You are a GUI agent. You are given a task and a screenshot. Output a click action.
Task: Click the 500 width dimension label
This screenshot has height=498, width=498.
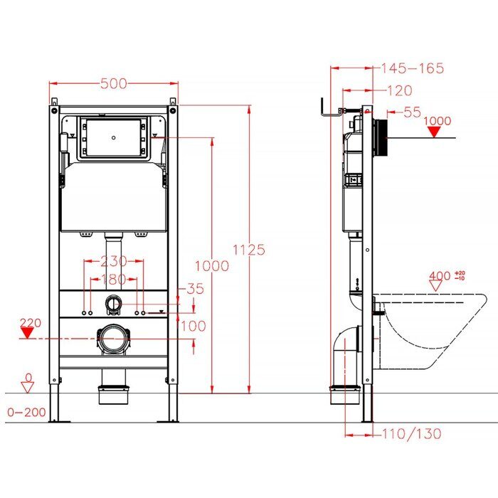click(x=113, y=84)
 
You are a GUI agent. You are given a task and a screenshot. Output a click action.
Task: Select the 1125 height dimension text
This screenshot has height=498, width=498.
click(x=250, y=250)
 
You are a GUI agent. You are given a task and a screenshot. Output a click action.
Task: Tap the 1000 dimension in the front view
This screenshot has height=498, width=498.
click(x=213, y=265)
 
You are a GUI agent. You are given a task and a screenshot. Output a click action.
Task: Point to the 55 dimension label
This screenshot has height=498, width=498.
click(x=411, y=112)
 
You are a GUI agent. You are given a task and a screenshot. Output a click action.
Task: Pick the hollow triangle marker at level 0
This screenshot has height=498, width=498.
click(x=28, y=386)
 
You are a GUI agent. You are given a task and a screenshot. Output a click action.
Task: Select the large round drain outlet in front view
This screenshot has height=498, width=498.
click(x=112, y=339)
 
